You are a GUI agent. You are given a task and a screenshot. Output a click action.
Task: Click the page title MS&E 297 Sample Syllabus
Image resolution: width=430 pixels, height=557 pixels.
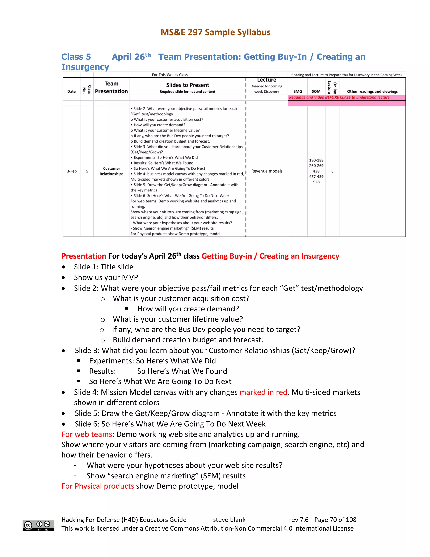click(x=215, y=32)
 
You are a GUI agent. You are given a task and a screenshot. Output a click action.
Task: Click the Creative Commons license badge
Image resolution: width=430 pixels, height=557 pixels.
click(x=38, y=525)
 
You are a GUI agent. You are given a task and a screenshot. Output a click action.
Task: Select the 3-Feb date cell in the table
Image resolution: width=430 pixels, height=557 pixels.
click(x=72, y=171)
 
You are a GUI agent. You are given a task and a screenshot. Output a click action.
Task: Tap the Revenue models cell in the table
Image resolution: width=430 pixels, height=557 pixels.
click(x=267, y=171)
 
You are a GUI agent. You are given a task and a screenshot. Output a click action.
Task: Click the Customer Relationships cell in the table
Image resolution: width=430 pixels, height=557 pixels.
click(x=111, y=171)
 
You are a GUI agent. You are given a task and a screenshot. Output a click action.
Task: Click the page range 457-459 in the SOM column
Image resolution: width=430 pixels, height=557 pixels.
click(x=316, y=177)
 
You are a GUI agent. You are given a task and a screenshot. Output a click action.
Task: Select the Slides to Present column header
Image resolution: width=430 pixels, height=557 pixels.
click(x=187, y=85)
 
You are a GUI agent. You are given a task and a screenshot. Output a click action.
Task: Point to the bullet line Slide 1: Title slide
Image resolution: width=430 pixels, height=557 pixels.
click(x=104, y=267)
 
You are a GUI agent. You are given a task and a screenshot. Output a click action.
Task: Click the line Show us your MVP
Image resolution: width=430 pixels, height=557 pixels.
click(x=106, y=277)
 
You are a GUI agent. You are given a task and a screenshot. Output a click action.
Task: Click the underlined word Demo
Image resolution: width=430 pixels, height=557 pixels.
click(x=166, y=486)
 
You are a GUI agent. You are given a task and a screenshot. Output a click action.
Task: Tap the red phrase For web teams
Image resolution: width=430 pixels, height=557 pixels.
click(x=87, y=434)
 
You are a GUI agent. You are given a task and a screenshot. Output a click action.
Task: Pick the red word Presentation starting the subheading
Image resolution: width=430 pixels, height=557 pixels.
click(x=84, y=256)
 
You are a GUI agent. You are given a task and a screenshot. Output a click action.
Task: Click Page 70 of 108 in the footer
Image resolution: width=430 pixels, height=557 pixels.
click(x=335, y=520)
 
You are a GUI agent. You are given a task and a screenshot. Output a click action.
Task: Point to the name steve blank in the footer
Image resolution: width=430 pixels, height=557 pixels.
click(x=229, y=520)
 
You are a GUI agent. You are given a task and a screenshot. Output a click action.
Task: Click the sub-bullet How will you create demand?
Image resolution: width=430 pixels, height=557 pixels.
click(x=188, y=309)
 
